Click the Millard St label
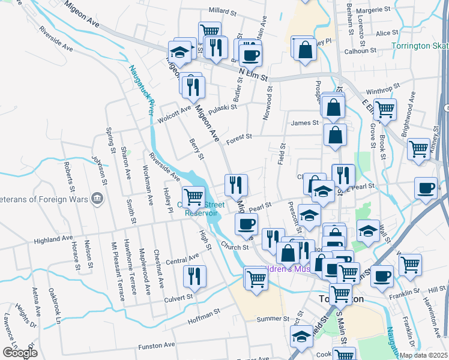pos(222,11)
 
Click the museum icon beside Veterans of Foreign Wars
pos(97,199)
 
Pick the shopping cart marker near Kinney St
pos(418,148)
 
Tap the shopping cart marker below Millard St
pos(209,31)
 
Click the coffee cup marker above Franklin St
pos(382,276)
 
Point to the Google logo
pos(20,353)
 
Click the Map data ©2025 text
pos(423,355)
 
